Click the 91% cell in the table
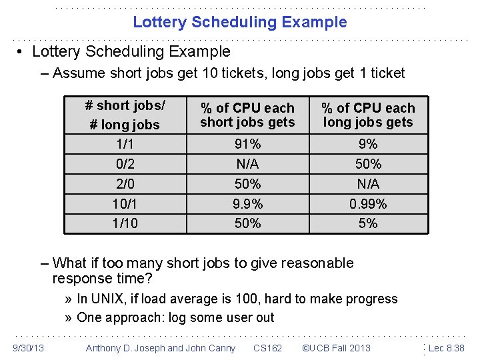[x=247, y=144]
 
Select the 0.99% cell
[x=368, y=204]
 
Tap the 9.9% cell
[x=247, y=204]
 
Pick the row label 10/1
[x=125, y=204]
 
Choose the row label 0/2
[x=125, y=164]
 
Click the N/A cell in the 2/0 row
[x=368, y=184]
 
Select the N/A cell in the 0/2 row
[x=247, y=164]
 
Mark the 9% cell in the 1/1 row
[x=368, y=144]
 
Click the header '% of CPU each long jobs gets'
[x=368, y=115]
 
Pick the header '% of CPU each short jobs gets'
[x=247, y=115]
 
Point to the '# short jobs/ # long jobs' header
[x=125, y=115]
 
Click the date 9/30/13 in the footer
[x=29, y=348]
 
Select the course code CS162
[x=267, y=348]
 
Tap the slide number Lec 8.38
[x=447, y=348]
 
